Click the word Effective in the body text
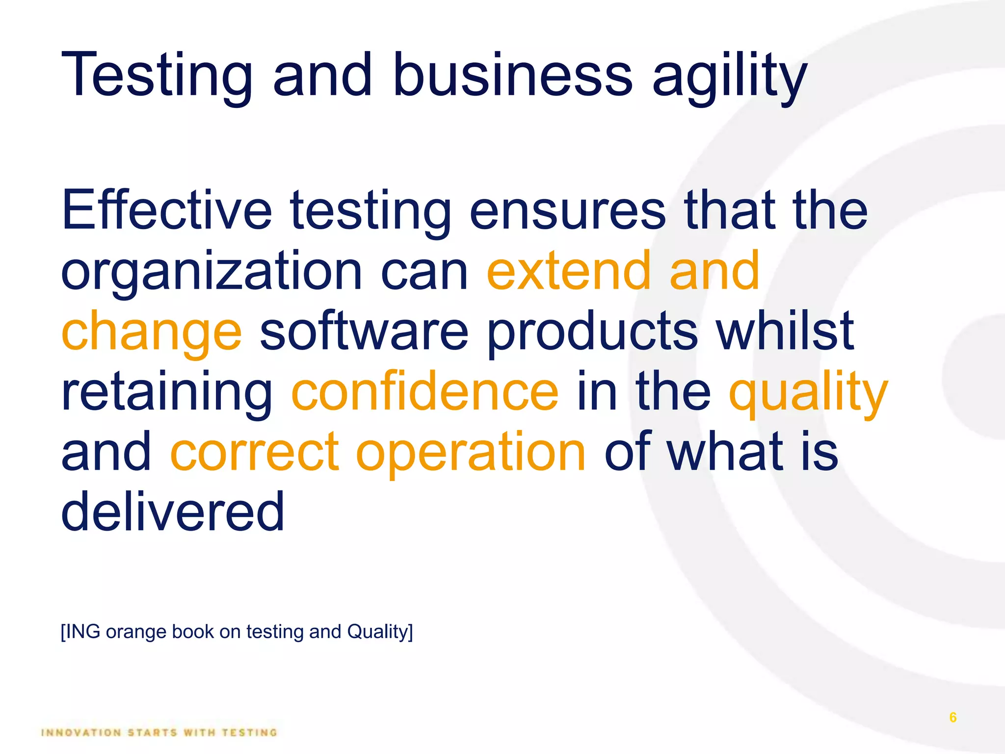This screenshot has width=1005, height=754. pyautogui.click(x=167, y=211)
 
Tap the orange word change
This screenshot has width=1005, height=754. pyautogui.click(x=152, y=333)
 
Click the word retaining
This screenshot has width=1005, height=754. pyautogui.click(x=167, y=393)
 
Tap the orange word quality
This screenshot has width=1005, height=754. pyautogui.click(x=808, y=393)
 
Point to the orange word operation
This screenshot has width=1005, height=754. pyautogui.click(x=471, y=453)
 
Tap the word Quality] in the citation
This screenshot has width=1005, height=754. pyautogui.click(x=380, y=632)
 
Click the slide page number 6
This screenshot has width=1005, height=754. pyautogui.click(x=952, y=717)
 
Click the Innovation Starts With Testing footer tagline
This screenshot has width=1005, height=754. pyautogui.click(x=159, y=732)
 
